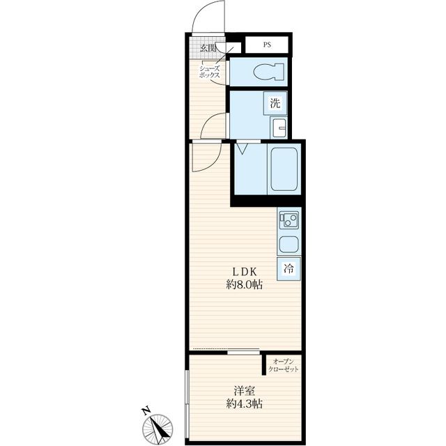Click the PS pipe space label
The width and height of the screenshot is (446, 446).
point(267,45)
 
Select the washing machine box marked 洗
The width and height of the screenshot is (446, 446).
point(275,103)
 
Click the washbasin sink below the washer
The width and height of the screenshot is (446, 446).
point(279,128)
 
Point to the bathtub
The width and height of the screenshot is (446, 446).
point(284,169)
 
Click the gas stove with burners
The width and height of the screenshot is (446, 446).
point(289,220)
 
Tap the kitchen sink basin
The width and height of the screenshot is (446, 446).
point(289,245)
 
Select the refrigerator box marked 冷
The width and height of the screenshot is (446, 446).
point(289,268)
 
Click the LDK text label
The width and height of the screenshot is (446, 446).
point(245,272)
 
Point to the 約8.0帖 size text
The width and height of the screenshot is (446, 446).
point(245,285)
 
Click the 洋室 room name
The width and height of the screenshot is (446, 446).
point(245,391)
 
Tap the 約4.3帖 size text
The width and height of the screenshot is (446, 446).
point(245,403)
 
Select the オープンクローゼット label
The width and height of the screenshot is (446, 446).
point(284,365)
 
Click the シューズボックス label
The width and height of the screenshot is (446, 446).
point(209,72)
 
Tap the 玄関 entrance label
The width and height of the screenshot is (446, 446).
point(208,48)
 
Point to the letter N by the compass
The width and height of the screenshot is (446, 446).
point(146,411)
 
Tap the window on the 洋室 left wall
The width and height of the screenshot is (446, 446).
point(187,406)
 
